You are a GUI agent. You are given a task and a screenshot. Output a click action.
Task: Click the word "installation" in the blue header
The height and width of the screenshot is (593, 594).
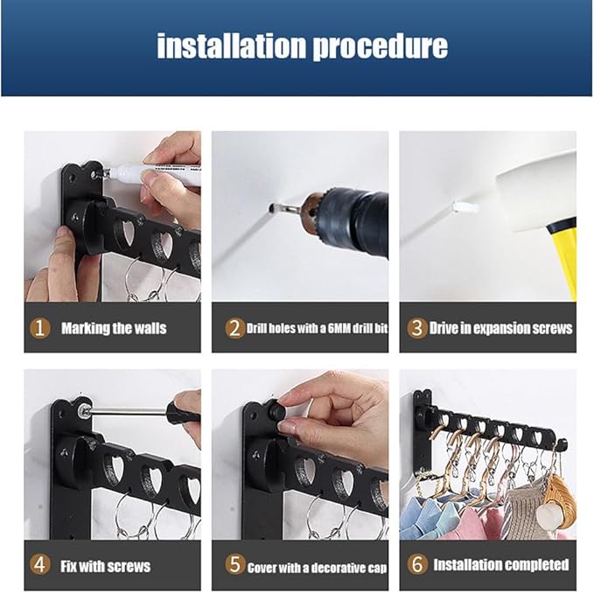231,45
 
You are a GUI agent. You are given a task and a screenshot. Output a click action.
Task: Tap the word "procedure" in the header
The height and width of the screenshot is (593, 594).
381,47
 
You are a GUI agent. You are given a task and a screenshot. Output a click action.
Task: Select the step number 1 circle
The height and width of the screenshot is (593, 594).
39,328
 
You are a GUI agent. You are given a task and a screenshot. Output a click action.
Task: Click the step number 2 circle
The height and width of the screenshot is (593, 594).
234,328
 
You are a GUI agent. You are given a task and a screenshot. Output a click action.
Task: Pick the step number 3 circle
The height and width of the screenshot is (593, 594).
417,328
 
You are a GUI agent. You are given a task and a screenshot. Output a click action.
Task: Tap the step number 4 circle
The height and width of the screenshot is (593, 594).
39,565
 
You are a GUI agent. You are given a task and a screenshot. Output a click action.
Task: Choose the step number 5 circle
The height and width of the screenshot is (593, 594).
234,565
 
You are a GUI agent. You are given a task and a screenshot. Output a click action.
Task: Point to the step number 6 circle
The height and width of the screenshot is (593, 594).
417,564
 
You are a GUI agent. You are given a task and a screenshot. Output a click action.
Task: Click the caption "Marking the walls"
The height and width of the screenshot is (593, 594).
114,328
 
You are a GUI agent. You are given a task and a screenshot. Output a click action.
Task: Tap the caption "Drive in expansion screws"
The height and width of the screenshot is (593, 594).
500,328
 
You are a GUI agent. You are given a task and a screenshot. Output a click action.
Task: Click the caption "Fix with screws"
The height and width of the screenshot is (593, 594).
105,567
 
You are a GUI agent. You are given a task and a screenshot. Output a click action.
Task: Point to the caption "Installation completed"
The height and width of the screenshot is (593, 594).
501,565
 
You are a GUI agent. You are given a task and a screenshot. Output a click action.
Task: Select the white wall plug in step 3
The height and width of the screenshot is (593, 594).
463,207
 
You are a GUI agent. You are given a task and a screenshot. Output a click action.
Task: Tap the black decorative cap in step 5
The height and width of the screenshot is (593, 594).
276,409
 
